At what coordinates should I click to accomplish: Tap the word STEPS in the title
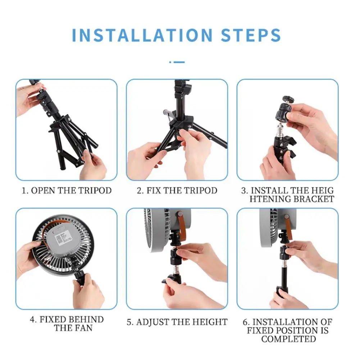point(251,35)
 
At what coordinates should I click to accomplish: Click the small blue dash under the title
point(177,62)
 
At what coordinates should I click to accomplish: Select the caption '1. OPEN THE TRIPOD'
point(67,191)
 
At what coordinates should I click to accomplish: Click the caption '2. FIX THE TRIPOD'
point(177,191)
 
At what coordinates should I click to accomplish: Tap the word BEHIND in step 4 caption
point(86,320)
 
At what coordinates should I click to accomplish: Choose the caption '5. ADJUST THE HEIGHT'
point(177,322)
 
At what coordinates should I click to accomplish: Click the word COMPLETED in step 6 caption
point(288,339)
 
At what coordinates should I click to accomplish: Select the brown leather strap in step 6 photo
point(288,227)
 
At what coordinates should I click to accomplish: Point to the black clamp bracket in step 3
point(284,147)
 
